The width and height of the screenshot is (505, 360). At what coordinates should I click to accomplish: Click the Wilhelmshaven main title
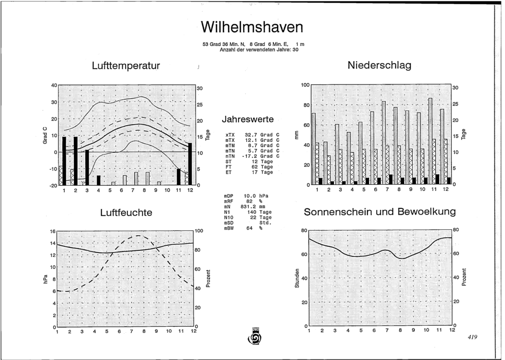pyautogui.click(x=252, y=27)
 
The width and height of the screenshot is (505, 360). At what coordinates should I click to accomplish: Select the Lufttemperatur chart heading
pyautogui.click(x=126, y=66)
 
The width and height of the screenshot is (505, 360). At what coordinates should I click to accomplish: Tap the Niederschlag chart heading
pyautogui.click(x=379, y=65)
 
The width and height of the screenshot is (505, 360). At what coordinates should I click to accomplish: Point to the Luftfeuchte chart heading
pyautogui.click(x=126, y=213)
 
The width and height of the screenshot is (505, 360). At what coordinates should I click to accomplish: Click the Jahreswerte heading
pyautogui.click(x=247, y=119)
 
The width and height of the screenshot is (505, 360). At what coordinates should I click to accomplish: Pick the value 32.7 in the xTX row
pyautogui.click(x=250, y=135)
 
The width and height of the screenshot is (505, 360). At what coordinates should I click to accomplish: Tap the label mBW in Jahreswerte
pyautogui.click(x=229, y=228)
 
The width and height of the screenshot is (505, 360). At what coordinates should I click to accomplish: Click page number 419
pyautogui.click(x=472, y=337)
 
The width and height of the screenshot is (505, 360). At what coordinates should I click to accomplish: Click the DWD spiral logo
pyautogui.click(x=255, y=337)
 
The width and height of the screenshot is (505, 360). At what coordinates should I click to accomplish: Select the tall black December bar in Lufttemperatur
pyautogui.click(x=190, y=164)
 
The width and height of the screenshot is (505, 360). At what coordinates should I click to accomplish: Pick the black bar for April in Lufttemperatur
pyautogui.click(x=98, y=180)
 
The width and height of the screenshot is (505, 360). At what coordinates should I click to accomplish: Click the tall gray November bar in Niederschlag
pyautogui.click(x=430, y=141)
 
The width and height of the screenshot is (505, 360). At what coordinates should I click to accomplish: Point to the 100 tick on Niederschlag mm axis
pyautogui.click(x=305, y=85)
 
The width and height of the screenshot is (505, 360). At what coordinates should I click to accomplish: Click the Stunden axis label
pyautogui.click(x=297, y=279)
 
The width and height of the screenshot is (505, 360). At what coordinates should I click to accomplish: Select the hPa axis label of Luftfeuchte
pyautogui.click(x=45, y=279)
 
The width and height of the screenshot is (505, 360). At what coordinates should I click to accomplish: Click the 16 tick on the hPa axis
pyautogui.click(x=53, y=231)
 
